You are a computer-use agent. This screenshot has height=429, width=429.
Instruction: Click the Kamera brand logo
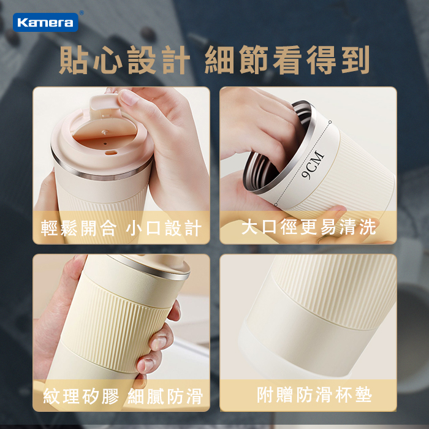coord(45,22)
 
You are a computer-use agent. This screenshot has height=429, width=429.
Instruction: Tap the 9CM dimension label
coord(313,165)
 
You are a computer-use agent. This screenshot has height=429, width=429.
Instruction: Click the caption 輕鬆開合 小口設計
coord(121,227)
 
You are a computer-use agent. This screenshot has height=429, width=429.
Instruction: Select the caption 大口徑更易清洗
coord(308,227)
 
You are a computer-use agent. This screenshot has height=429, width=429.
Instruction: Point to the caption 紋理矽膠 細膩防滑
coord(123,396)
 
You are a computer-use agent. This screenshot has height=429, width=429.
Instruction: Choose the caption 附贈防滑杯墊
coord(314,395)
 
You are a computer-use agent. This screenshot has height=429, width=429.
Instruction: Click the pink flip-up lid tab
coord(104,104)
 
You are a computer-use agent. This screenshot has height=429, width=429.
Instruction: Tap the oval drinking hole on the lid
coord(110,153)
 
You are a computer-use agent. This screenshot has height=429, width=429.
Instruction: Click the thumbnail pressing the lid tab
coord(129,97)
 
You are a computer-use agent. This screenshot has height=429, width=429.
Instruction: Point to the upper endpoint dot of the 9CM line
coord(330,122)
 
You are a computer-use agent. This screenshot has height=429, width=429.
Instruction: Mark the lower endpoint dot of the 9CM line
coord(276,204)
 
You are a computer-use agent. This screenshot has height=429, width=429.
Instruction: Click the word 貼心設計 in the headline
coord(124,60)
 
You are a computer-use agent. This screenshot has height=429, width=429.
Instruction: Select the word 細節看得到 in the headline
coord(287,60)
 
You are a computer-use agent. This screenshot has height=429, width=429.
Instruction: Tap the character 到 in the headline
coord(355,60)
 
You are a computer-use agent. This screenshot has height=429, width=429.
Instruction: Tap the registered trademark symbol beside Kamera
coord(82,13)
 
